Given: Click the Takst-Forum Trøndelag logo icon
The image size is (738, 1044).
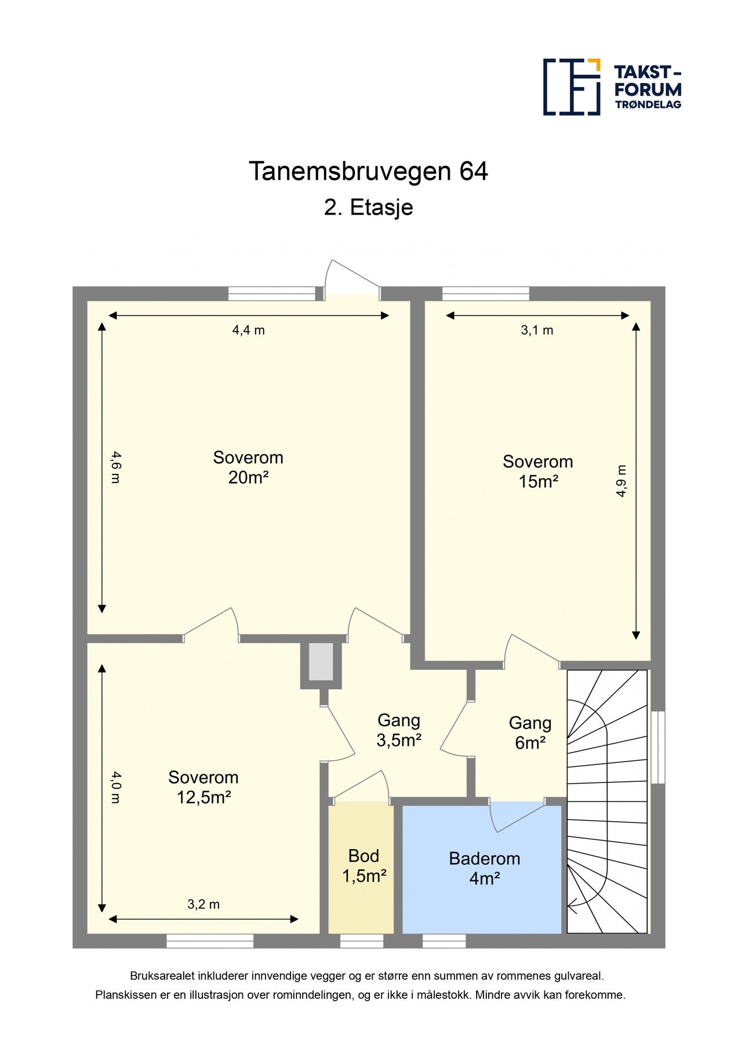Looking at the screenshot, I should pyautogui.click(x=571, y=87).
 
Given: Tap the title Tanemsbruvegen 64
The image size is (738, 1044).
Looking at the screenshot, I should pyautogui.click(x=368, y=172).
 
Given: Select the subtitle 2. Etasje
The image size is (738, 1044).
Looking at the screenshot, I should pyautogui.click(x=368, y=208).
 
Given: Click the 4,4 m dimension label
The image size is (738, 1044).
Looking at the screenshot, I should pyautogui.click(x=249, y=331).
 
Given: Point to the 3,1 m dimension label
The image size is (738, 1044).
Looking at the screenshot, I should pyautogui.click(x=537, y=331).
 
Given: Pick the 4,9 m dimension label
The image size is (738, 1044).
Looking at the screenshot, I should pyautogui.click(x=621, y=481).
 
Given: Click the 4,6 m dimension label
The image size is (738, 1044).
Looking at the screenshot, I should pyautogui.click(x=115, y=467).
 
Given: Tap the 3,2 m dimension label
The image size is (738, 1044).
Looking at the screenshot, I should pyautogui.click(x=203, y=904).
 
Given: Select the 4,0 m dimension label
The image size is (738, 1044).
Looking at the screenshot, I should pyautogui.click(x=115, y=787).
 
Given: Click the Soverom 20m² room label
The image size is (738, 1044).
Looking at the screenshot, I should pyautogui.click(x=248, y=467).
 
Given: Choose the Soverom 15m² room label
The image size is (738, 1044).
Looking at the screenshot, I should pyautogui.click(x=538, y=472).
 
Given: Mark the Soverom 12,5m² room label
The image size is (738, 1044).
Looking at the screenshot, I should pyautogui.click(x=203, y=787).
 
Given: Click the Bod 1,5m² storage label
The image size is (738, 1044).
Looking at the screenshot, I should pyautogui.click(x=364, y=866).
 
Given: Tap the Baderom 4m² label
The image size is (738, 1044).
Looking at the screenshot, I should pyautogui.click(x=485, y=868).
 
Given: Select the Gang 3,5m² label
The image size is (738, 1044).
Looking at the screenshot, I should pyautogui.click(x=399, y=730).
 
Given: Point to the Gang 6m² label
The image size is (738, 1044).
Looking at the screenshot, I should pyautogui.click(x=530, y=733).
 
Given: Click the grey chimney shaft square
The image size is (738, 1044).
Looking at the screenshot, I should pyautogui.click(x=321, y=661).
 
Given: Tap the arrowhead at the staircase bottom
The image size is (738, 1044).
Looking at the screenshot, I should pyautogui.click(x=572, y=903).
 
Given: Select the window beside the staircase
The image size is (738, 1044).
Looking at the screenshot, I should pyautogui.click(x=657, y=747).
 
